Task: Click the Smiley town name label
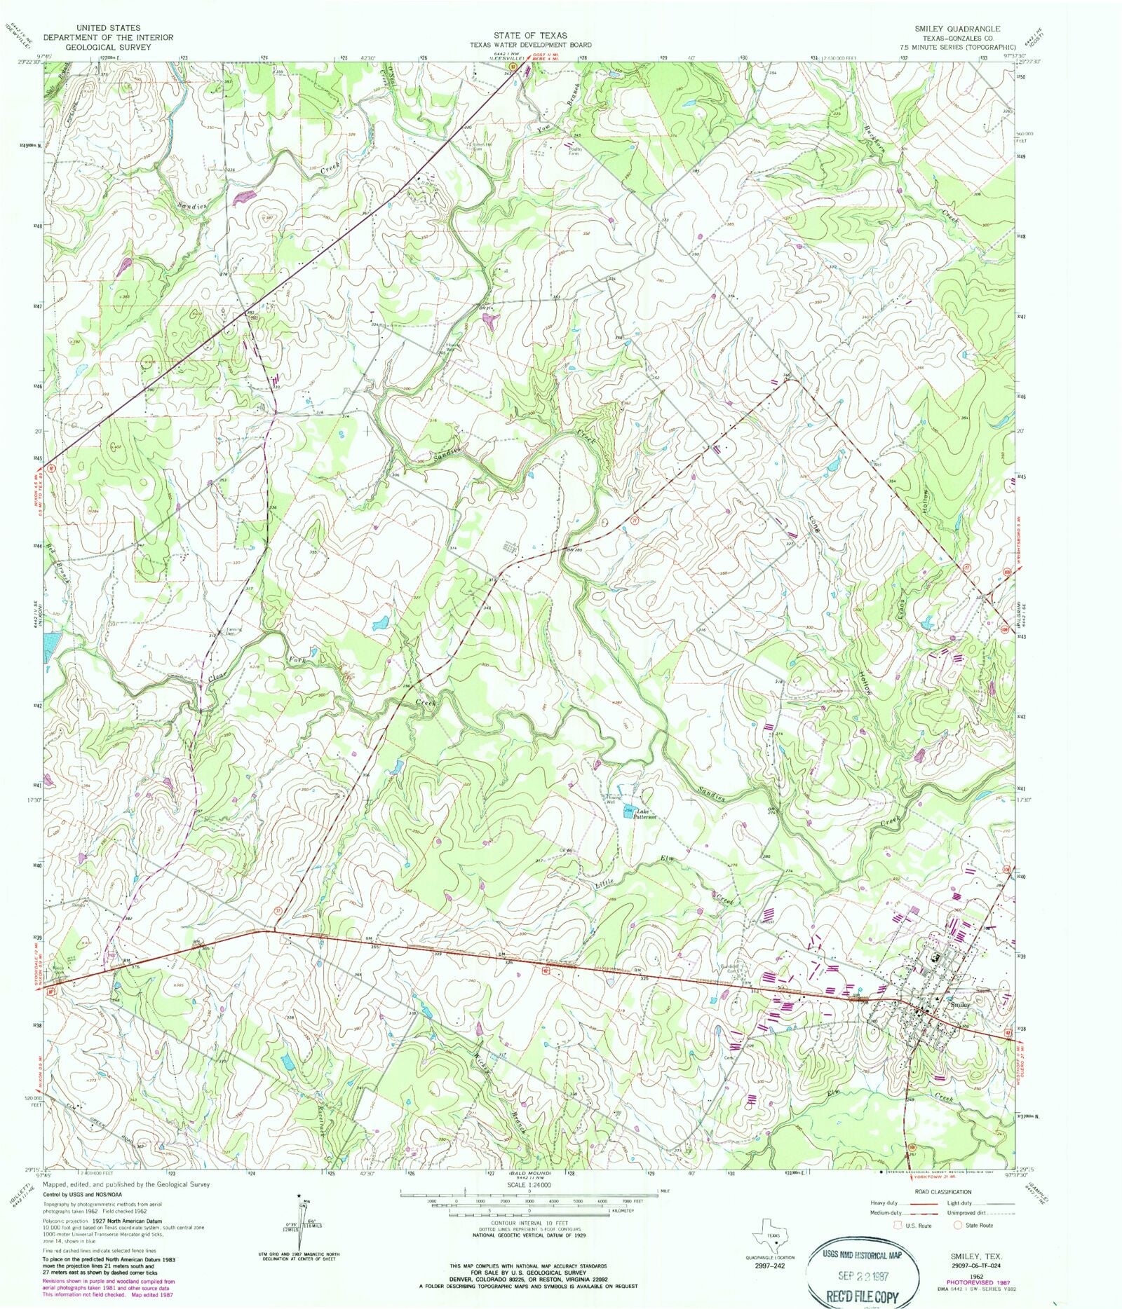961,1004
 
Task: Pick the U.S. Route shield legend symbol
898,1226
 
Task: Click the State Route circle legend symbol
958,1226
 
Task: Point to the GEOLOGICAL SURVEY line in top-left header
98,48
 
